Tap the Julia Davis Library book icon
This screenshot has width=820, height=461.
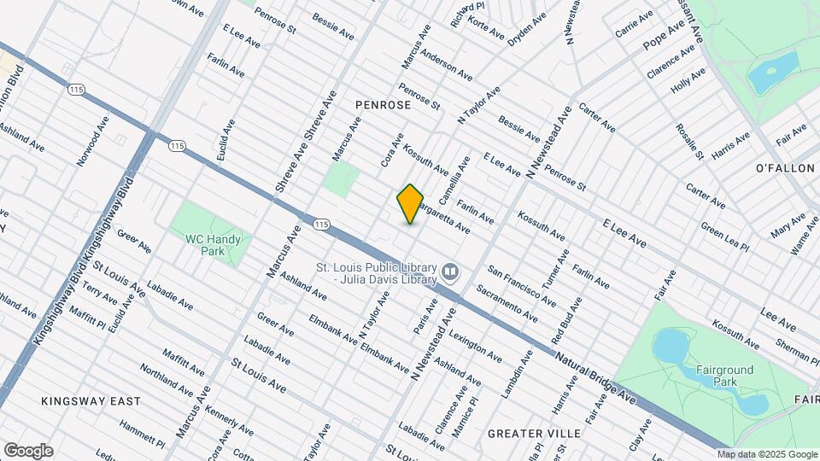coord(450,272)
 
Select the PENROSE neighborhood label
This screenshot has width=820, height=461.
coord(384,104)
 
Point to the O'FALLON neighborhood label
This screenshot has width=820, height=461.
coord(785,168)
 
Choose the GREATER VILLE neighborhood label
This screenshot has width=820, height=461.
coord(534,434)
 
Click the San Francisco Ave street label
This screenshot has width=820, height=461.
coord(522,285)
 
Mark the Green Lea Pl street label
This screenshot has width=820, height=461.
coord(724,237)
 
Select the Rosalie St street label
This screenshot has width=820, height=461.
coord(689,141)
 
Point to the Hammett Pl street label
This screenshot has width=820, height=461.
coord(142,435)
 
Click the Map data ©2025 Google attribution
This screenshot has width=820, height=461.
coord(767,454)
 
